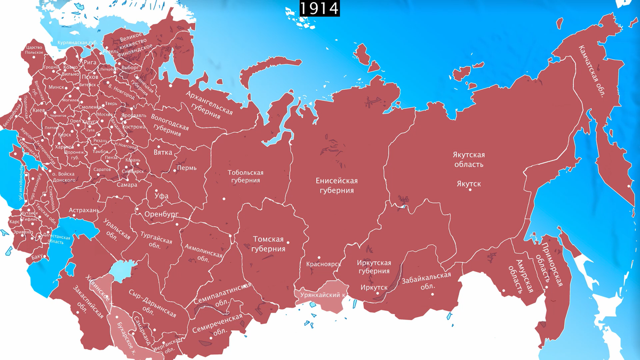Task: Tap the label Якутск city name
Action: point(469,183)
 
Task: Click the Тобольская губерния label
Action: point(246,177)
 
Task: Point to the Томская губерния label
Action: point(268,244)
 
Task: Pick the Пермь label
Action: point(187,167)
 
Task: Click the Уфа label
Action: point(162,196)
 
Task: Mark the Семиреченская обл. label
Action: point(219,325)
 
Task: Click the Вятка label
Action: point(163,152)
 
